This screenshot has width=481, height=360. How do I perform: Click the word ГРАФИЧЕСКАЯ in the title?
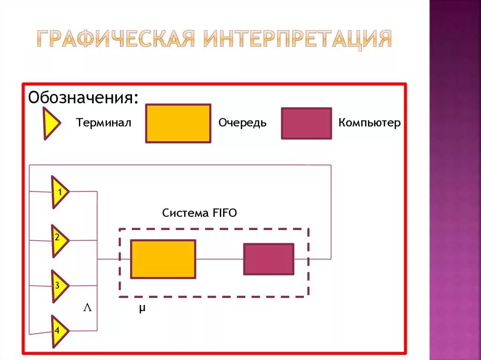tap(116, 39)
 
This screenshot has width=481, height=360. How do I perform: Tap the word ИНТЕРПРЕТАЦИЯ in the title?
tap(297, 39)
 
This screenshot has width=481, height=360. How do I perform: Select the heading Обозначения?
tap(84, 98)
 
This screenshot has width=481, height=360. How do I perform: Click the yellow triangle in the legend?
tap(51, 123)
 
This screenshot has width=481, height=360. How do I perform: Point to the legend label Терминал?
tap(103, 123)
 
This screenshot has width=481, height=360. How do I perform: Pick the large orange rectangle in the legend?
tap(178, 123)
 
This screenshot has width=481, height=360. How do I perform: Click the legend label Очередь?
tap(242, 123)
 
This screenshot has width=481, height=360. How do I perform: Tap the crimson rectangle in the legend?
tap(306, 123)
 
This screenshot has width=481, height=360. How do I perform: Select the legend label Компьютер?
tap(370, 123)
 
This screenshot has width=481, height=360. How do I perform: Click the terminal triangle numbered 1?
tap(59, 191)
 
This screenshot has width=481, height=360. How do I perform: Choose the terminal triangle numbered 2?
tap(59, 240)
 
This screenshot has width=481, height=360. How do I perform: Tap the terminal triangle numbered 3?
tap(59, 286)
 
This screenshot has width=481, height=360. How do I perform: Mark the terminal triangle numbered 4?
tap(59, 331)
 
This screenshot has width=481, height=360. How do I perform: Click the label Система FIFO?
tap(200, 213)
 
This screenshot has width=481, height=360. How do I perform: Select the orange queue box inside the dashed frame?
tap(163, 259)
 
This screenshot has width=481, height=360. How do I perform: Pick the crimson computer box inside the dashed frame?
tap(269, 259)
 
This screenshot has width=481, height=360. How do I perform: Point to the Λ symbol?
tap(87, 308)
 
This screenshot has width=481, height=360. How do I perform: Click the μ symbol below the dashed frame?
tap(142, 308)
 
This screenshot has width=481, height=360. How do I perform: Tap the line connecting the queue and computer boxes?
tap(219, 259)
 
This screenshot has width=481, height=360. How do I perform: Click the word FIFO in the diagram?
tap(224, 213)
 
